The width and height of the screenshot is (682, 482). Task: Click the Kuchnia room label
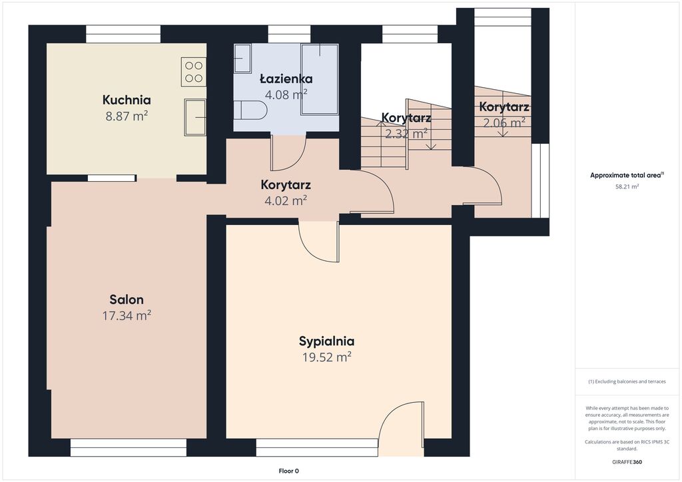tap(127, 100)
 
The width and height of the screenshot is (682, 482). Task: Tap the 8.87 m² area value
tap(127, 116)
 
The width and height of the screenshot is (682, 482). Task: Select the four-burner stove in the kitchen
tap(194, 72)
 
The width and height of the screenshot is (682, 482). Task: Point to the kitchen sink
tap(195, 117)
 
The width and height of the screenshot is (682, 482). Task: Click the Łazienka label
tap(286, 79)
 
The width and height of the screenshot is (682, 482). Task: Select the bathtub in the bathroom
tap(320, 79)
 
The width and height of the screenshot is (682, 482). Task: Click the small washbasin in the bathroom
tap(242, 58)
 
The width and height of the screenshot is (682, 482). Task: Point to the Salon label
tap(127, 300)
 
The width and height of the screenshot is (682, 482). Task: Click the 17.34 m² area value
tap(127, 316)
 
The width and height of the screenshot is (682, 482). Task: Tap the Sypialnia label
tap(326, 341)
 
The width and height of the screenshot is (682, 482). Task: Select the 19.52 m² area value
tap(326, 358)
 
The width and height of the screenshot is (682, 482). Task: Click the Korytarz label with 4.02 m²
tap(286, 184)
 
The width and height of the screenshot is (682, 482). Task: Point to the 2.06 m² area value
tap(504, 123)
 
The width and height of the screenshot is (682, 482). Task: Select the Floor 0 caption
tap(289, 471)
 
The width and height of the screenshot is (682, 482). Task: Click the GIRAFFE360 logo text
tap(627, 462)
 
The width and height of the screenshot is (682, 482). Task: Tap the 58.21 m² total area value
tap(627, 186)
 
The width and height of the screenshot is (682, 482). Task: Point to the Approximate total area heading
tap(627, 176)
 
